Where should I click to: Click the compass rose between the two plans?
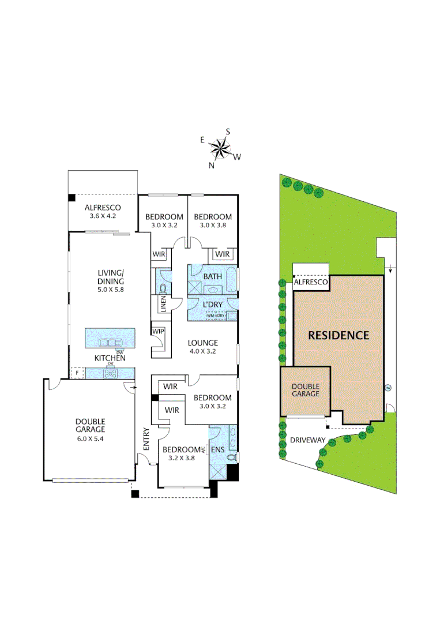tap(220, 149)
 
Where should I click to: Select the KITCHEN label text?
tap(110, 358)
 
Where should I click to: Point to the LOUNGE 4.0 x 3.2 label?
tap(203, 347)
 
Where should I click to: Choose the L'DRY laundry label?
tap(212, 304)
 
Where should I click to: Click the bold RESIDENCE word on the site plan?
tap(338, 335)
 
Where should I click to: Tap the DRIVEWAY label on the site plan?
tap(309, 440)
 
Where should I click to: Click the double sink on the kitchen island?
tap(110, 343)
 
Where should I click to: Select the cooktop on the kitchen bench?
tap(109, 374)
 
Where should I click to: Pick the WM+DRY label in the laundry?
tap(215, 316)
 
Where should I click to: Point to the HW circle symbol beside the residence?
tap(388, 387)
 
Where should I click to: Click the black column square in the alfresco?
tap(72, 198)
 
